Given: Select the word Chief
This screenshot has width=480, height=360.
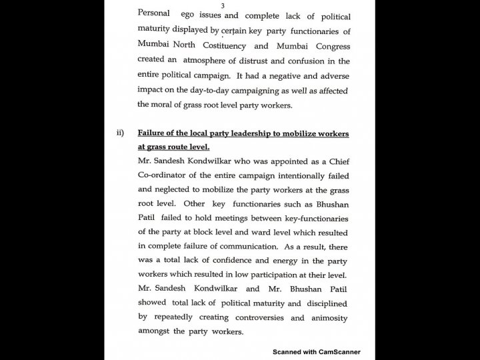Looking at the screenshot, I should (335, 162).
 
